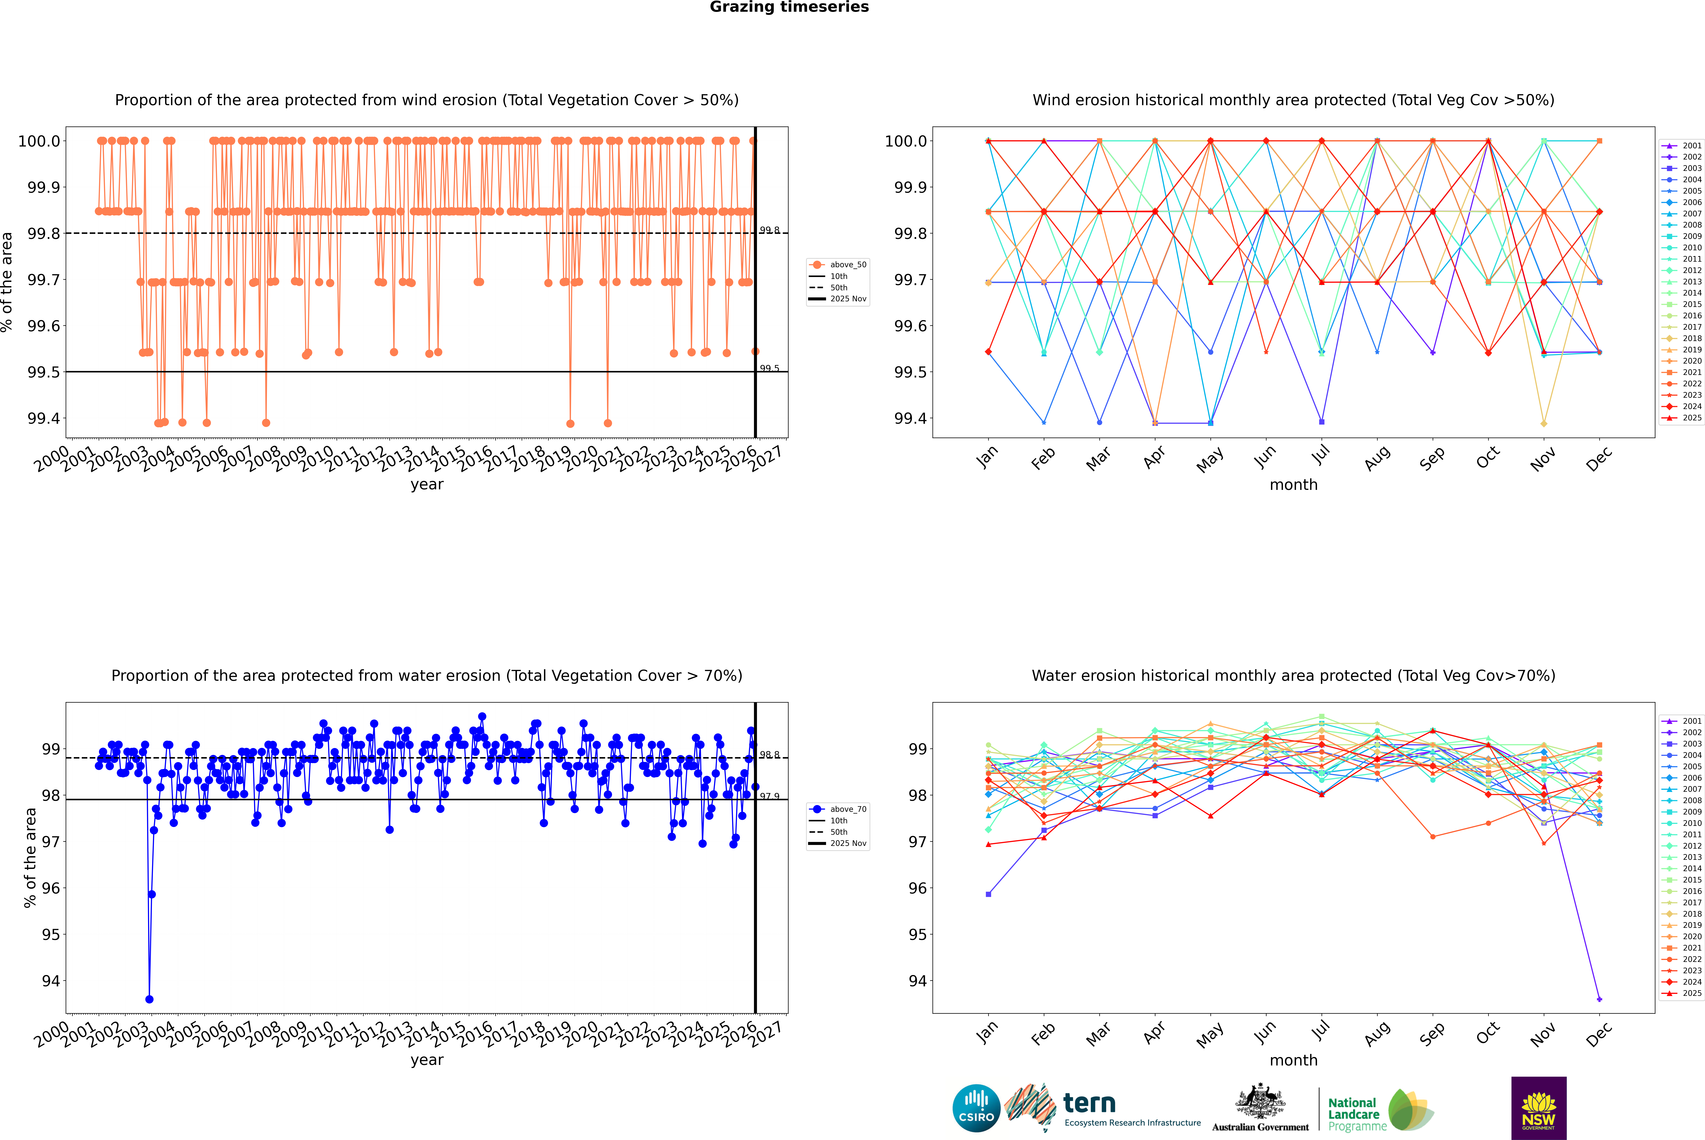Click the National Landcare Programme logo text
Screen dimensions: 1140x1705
[1353, 1114]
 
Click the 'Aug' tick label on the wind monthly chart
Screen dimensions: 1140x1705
[1377, 459]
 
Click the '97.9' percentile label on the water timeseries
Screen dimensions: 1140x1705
[770, 796]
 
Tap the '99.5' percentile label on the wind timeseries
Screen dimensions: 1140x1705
[770, 369]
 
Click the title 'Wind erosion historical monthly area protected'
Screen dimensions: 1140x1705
[1293, 100]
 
